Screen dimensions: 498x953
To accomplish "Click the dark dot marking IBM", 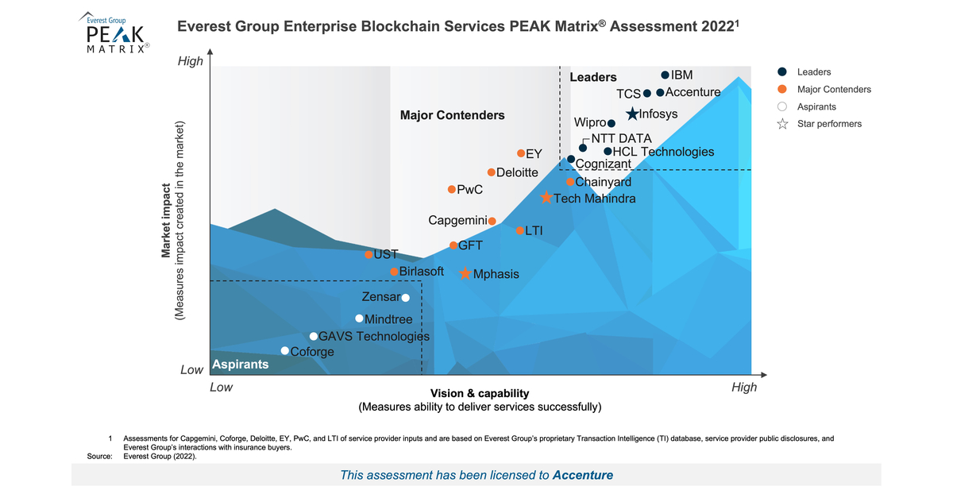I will [666, 75].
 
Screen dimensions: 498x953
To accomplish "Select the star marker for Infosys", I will [632, 114].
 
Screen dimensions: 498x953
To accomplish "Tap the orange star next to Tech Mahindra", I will [546, 198].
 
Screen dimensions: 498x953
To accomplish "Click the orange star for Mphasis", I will [465, 273].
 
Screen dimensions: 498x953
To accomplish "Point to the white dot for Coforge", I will [285, 351].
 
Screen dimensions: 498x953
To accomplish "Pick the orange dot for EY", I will [521, 153].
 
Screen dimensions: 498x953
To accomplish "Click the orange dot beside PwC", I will [452, 189].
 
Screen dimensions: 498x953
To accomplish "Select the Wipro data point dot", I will [612, 123].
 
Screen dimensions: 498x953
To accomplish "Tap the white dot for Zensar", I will [406, 298].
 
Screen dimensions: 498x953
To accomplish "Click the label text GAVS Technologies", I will [373, 337].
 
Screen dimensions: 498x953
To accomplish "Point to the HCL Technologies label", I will [663, 152].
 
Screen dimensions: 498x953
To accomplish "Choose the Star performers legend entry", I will [829, 124].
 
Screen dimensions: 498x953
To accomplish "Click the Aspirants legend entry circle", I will [781, 106].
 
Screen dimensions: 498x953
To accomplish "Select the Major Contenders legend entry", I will [834, 89].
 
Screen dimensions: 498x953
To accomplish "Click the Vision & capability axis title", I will [479, 393].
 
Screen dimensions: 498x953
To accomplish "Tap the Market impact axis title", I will [167, 222].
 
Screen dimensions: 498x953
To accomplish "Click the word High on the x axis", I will [743, 388].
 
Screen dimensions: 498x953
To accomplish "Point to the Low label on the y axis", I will [191, 370].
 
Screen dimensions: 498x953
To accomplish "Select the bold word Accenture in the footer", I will [582, 475].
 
